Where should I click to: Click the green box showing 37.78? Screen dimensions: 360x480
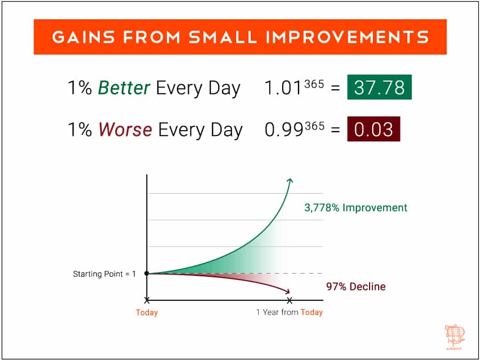[379, 87]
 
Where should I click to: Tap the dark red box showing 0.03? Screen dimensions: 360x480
[373, 129]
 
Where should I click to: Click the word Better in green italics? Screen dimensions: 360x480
[124, 88]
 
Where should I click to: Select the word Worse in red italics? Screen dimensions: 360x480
[125, 130]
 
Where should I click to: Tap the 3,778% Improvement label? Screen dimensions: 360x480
[356, 207]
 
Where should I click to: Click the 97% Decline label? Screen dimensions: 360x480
[356, 287]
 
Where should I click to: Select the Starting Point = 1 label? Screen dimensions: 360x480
[104, 274]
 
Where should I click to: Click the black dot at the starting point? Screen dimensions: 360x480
[147, 274]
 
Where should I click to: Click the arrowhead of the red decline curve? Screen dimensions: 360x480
[289, 292]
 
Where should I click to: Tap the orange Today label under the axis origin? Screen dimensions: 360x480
[147, 313]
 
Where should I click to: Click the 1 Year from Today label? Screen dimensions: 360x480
[290, 313]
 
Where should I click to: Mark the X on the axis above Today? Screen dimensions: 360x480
[147, 300]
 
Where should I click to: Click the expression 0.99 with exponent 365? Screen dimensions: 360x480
[294, 130]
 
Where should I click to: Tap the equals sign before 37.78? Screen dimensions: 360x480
[335, 89]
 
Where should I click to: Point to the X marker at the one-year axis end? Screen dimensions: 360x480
[290, 300]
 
